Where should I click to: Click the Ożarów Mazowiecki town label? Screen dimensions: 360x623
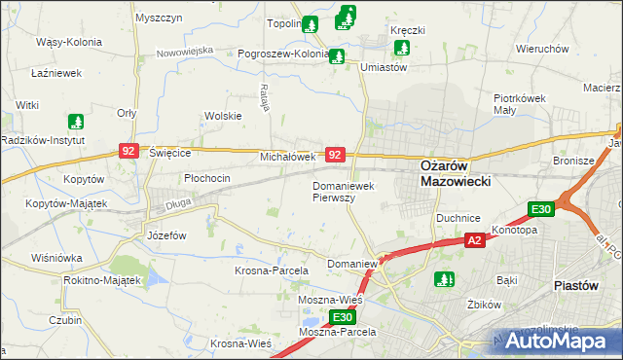click(x=456, y=172)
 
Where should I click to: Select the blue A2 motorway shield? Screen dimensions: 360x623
click(x=474, y=240)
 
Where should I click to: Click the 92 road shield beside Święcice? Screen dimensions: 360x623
click(x=129, y=151)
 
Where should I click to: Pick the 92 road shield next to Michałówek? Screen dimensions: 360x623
click(x=335, y=155)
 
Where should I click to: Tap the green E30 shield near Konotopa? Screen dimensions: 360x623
click(x=541, y=209)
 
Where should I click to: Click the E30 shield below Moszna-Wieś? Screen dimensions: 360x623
click(x=341, y=317)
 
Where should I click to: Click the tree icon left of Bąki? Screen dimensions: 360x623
click(x=444, y=279)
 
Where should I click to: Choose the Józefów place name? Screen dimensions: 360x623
click(x=165, y=235)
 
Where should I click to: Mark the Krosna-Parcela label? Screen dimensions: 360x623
click(x=272, y=270)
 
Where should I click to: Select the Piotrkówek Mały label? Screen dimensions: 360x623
click(x=524, y=104)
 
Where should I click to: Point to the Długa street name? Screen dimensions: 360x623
click(x=176, y=203)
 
